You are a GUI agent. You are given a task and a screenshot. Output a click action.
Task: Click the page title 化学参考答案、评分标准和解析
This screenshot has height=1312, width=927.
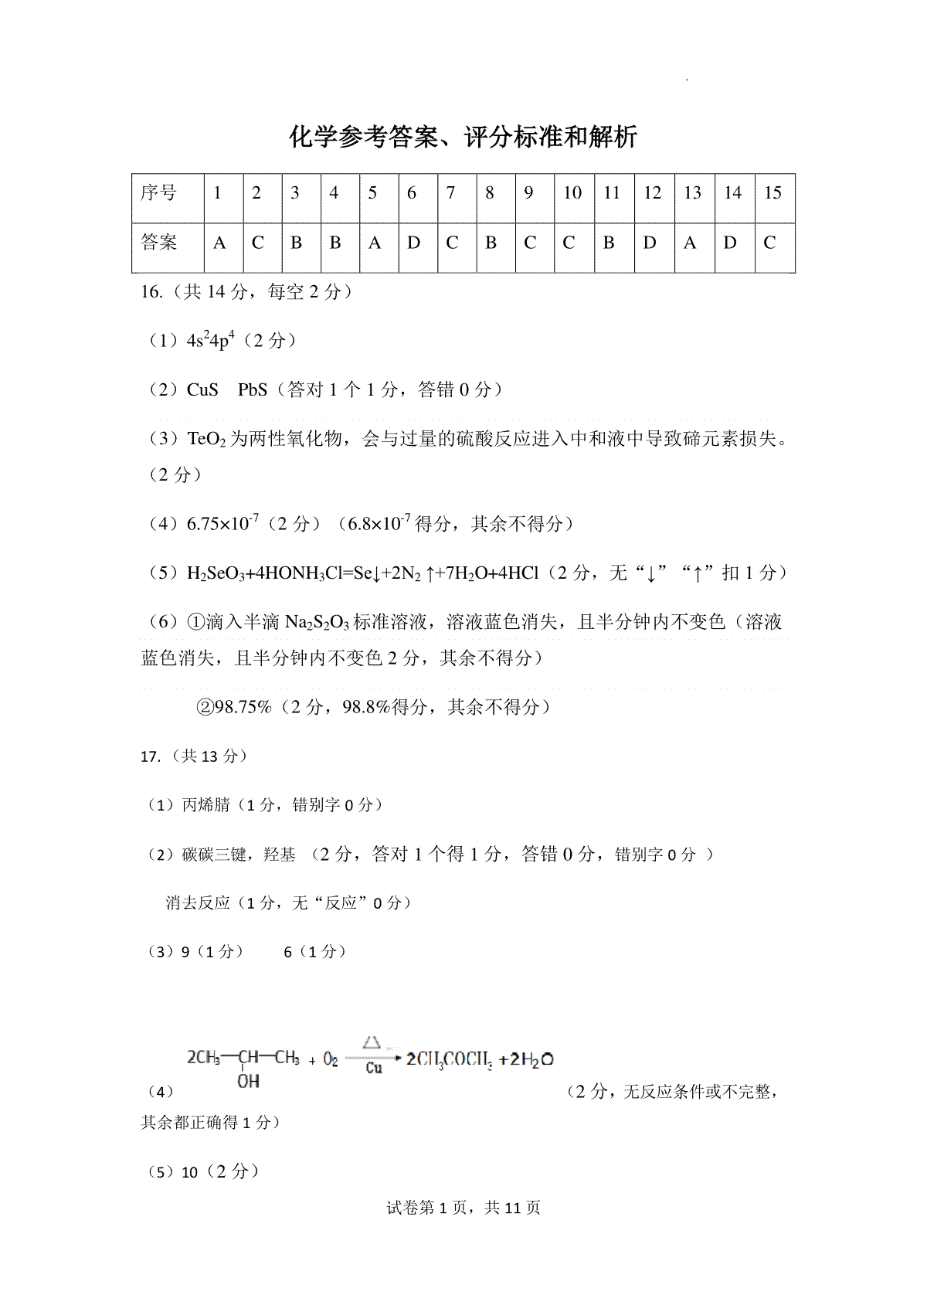(463, 138)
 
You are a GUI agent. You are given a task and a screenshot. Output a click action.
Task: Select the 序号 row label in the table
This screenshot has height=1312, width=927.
(159, 192)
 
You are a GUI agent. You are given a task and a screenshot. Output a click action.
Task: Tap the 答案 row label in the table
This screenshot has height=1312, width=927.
(159, 243)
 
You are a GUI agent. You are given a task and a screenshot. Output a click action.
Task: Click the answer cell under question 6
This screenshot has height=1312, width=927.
(414, 243)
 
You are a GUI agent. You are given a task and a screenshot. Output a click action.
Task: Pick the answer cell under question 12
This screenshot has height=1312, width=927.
(650, 243)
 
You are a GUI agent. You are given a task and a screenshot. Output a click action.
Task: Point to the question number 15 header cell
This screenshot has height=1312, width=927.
(772, 193)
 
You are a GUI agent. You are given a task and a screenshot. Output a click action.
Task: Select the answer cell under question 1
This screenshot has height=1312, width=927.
(219, 243)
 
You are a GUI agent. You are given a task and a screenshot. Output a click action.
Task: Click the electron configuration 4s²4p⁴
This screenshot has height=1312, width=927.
(210, 341)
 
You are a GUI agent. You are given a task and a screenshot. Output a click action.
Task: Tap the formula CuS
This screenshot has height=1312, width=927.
(202, 390)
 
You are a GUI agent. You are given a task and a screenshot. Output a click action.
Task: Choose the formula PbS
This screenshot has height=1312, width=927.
(253, 390)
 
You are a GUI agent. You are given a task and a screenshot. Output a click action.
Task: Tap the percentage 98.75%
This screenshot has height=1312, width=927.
(243, 707)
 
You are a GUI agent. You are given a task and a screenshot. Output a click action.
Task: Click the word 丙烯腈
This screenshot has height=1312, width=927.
(206, 805)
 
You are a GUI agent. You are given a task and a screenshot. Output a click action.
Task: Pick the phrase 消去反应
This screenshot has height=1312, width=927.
(198, 902)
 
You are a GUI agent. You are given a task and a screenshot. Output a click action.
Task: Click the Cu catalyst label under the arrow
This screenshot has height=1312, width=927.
(374, 1068)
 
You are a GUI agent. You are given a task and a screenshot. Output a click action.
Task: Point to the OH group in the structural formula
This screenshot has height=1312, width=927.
(248, 1081)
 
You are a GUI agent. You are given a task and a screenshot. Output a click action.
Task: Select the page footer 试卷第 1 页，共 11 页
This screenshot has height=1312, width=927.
(463, 1208)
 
